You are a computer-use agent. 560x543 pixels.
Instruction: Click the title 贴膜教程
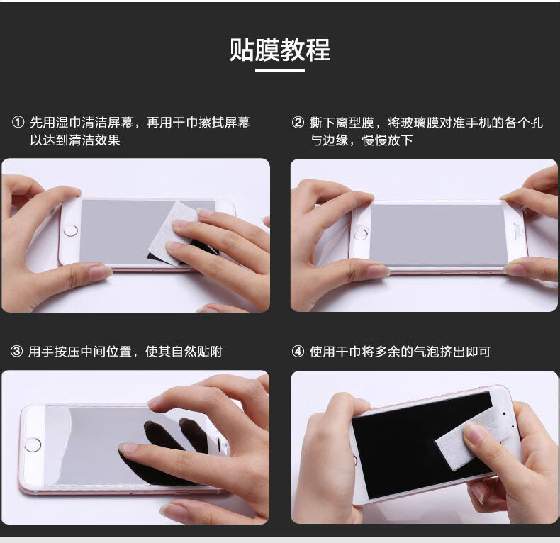pyautogui.click(x=279, y=50)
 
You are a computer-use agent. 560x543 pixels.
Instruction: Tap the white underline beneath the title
pyautogui.click(x=279, y=71)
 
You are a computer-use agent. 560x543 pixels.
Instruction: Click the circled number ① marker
pyautogui.click(x=18, y=123)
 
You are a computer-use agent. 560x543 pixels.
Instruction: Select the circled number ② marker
pyautogui.click(x=298, y=123)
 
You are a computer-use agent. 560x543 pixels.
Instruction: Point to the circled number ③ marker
pyautogui.click(x=16, y=352)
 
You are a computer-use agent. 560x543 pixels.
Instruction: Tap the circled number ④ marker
pyautogui.click(x=298, y=352)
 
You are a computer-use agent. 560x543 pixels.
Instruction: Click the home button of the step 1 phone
pyautogui.click(x=70, y=231)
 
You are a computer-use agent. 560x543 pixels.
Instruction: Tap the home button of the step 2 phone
pyautogui.click(x=361, y=235)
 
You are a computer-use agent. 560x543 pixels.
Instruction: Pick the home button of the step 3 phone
pyautogui.click(x=33, y=444)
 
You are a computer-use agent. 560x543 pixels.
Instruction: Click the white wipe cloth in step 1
pyautogui.click(x=172, y=234)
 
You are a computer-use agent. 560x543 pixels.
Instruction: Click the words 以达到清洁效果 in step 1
pyautogui.click(x=75, y=140)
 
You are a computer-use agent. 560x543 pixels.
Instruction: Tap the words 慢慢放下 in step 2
pyautogui.click(x=387, y=140)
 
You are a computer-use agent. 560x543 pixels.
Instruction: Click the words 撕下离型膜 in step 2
pyautogui.click(x=342, y=123)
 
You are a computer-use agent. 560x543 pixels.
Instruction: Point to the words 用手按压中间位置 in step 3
pyautogui.click(x=80, y=352)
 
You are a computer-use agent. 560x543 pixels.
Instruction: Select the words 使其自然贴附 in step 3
pyautogui.click(x=184, y=352)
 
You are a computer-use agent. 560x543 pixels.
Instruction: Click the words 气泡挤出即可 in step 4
pyautogui.click(x=452, y=352)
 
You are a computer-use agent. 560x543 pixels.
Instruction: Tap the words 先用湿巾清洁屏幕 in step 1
pyautogui.click(x=82, y=123)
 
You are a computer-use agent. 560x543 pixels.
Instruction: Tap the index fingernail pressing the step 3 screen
pyautogui.click(x=128, y=448)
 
